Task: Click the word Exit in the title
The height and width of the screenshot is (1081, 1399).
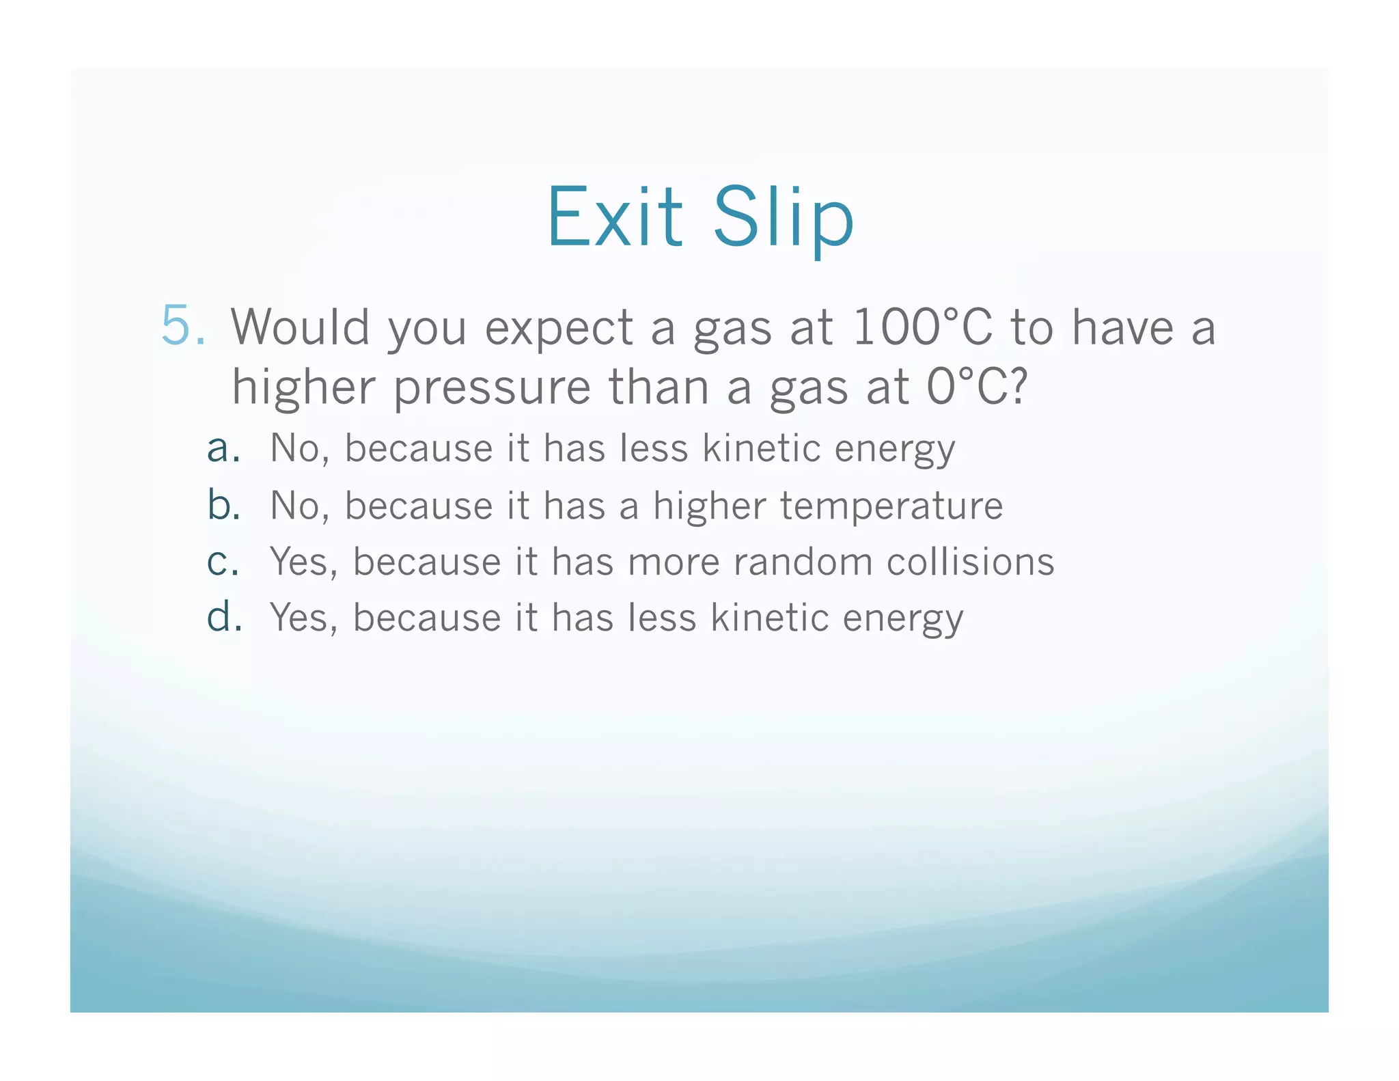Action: coord(614,218)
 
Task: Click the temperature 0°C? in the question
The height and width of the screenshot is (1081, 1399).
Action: coord(977,387)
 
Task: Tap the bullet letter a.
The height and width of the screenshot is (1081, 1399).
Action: coord(223,449)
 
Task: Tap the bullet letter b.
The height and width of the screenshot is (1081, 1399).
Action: coord(223,505)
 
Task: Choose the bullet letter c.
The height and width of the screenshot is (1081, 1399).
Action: coord(223,562)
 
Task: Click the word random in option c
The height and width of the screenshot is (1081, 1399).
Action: coord(803,562)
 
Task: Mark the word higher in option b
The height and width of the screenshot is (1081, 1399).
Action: coord(709,506)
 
